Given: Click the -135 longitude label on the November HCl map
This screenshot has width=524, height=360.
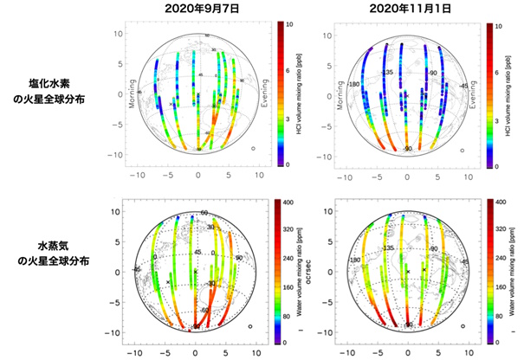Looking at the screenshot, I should [x=387, y=72].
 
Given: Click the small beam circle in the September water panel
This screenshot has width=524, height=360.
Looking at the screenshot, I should [x=251, y=326].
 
